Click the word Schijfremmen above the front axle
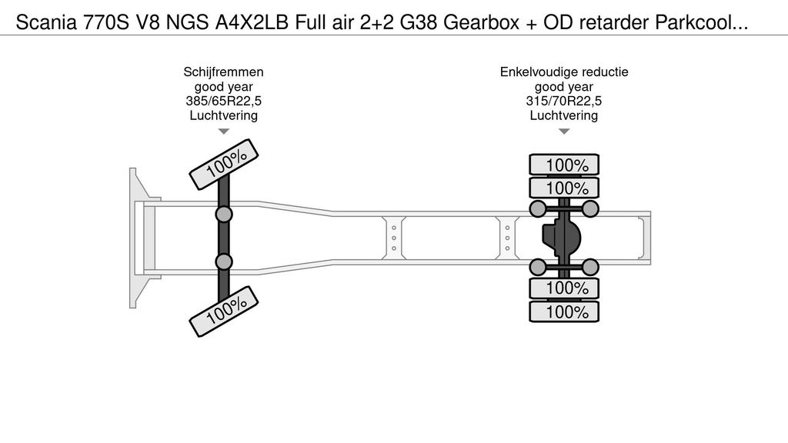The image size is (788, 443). coord(223,72)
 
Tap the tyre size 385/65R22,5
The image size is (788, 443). coord(223,101)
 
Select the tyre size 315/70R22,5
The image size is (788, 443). coord(564,101)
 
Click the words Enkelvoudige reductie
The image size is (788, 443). coord(564,72)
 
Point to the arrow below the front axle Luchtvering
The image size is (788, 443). coord(223,132)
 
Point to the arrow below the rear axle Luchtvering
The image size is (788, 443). coord(564,132)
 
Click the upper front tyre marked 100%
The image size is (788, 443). coord(225,165)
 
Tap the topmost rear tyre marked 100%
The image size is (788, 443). coord(564,165)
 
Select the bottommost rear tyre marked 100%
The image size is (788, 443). coord(564,312)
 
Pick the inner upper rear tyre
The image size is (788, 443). coord(564,188)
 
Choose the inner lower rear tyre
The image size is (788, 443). coord(564,288)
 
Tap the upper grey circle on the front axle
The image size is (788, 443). coord(224,214)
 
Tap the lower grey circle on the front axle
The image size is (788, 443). coord(224,262)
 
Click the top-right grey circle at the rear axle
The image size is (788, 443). coord(589,208)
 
